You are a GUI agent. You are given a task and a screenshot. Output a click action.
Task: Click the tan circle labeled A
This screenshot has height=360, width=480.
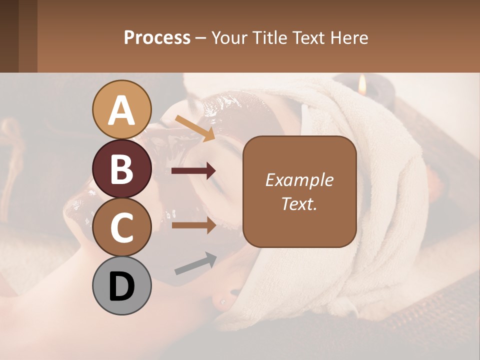122,109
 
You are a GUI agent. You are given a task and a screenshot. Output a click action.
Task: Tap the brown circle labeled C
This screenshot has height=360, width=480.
122,227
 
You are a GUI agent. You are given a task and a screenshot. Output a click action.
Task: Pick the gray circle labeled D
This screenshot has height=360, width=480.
122,286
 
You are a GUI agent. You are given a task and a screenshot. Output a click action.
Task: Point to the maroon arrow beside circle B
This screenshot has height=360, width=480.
193,171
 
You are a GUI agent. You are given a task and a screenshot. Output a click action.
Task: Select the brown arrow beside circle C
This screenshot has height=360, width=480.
193,225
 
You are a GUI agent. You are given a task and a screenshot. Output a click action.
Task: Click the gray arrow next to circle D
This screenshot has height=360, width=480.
195,263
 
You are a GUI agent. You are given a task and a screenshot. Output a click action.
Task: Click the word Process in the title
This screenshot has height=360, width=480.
157,37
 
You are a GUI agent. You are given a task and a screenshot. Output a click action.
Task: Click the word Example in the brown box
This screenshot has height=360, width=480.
299,180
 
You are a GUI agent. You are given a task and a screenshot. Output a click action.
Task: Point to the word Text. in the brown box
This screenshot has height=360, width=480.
299,203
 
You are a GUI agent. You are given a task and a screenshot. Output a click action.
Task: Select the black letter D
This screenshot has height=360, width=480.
122,286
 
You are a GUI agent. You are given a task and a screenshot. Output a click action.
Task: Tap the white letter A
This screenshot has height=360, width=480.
122,110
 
